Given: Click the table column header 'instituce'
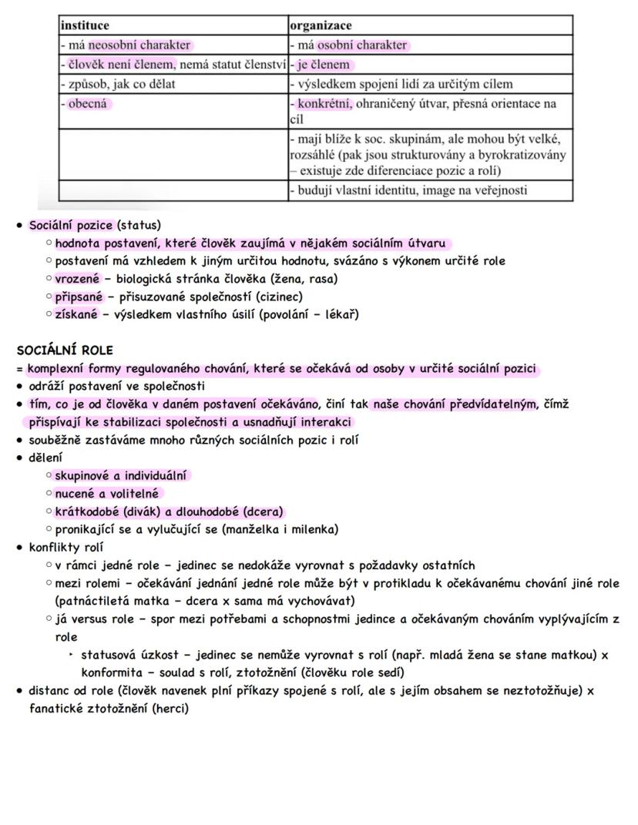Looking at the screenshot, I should click(x=85, y=25).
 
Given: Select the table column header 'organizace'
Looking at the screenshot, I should click(x=321, y=25).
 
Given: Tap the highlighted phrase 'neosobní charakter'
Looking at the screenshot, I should click(x=139, y=45).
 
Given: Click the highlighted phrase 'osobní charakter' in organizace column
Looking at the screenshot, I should click(x=362, y=45).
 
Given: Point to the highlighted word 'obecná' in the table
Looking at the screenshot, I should click(x=89, y=103).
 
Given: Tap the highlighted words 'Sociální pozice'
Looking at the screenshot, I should click(x=72, y=225).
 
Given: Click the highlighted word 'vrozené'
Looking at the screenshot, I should click(x=77, y=279).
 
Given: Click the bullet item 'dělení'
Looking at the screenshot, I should click(x=45, y=458).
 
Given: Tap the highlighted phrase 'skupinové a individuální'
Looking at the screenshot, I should click(x=121, y=475).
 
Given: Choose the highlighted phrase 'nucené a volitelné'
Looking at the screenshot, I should click(x=108, y=494).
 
